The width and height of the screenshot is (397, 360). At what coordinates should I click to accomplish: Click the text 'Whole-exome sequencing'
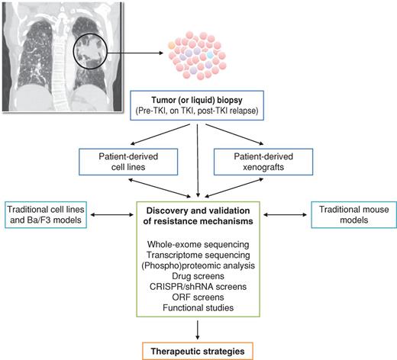[x=198, y=243]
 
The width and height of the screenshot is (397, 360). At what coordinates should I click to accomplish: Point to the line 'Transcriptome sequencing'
[x=198, y=254]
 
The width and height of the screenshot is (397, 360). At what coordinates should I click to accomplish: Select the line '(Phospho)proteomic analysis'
[x=198, y=265]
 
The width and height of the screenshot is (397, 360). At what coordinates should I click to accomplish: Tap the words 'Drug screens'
[x=198, y=275]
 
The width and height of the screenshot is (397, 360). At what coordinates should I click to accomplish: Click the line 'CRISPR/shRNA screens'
[x=198, y=286]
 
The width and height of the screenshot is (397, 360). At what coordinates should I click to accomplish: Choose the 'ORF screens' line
[x=198, y=297]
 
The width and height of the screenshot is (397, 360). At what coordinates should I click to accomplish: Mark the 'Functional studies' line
[x=198, y=307]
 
